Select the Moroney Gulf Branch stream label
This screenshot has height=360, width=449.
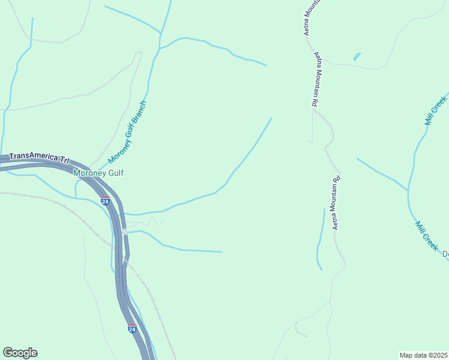click(x=128, y=132)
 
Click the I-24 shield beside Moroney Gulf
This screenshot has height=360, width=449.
click(x=105, y=201)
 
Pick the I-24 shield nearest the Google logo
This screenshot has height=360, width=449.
click(x=132, y=329)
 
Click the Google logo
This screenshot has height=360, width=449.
click(x=20, y=353)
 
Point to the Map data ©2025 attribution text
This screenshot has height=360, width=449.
click(x=423, y=355)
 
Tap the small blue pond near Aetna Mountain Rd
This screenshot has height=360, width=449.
click(x=358, y=57)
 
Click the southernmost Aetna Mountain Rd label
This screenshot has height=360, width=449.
click(x=337, y=202)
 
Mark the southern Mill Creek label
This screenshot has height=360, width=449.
click(x=427, y=235)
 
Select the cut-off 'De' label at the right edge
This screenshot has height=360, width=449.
click(x=445, y=254)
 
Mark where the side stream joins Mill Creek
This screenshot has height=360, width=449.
click(x=408, y=190)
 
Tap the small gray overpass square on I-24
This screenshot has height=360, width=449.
click(x=124, y=231)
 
